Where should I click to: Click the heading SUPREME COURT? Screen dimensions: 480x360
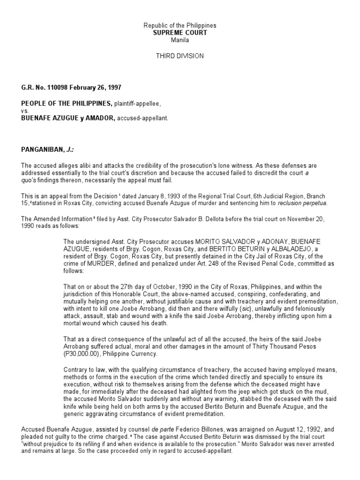pos(180,33)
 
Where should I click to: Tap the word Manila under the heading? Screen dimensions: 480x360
pos(180,40)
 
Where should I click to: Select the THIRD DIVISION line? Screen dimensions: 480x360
pos(180,56)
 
